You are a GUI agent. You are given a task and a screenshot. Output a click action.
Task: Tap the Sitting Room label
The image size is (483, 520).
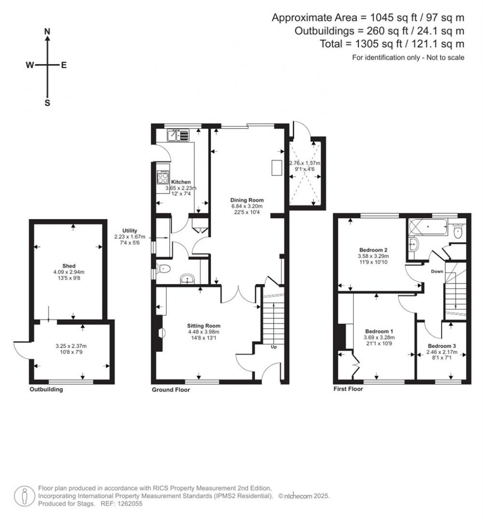click(x=204, y=325)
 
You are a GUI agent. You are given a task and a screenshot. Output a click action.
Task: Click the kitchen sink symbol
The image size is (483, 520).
click(x=178, y=136)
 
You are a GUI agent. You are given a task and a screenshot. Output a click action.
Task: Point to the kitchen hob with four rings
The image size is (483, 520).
click(x=163, y=177)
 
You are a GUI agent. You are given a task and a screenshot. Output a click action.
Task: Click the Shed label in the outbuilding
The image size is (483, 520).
click(x=69, y=266)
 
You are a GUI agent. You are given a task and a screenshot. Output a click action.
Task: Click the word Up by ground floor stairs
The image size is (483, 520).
click(x=274, y=347)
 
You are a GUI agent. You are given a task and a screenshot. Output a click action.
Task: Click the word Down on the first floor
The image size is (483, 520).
click(x=436, y=272)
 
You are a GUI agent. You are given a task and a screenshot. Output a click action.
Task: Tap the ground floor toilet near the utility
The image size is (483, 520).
click(x=163, y=269)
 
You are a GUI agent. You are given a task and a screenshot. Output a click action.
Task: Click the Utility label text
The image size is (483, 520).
click(x=129, y=230)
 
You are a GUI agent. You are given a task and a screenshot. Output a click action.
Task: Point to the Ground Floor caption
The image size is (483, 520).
click(x=170, y=390)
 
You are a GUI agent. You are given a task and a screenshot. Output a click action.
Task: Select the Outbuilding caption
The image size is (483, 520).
click(x=46, y=390)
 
